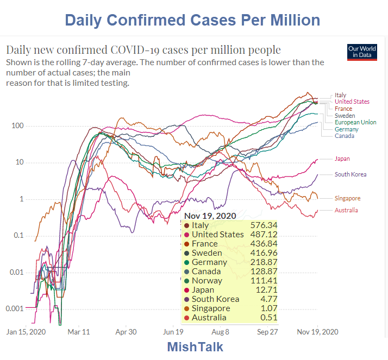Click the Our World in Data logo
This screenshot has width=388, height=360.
[361, 52]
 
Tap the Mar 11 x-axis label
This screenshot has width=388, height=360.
[78, 331]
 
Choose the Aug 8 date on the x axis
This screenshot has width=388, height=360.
[221, 331]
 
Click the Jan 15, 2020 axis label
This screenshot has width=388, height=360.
[26, 331]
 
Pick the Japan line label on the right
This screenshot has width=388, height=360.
[342, 159]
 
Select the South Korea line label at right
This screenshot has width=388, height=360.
[351, 174]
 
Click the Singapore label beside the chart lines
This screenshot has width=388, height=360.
[348, 198]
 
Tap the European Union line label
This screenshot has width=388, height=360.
[355, 123]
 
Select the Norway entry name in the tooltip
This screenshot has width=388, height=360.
[207, 281]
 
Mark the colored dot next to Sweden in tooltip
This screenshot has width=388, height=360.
[187, 253]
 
